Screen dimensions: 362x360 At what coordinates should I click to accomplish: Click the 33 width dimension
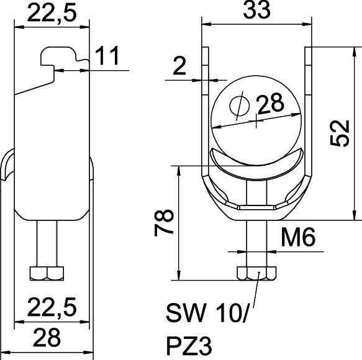point(256,9)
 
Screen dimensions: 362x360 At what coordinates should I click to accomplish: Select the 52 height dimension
point(339,133)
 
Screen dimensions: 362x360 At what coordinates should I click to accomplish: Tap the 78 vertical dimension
point(164,223)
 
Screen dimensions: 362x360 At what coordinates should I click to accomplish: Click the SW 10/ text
point(207,313)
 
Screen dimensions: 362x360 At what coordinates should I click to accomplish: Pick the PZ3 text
point(189,346)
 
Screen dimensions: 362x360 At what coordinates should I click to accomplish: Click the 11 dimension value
point(107,56)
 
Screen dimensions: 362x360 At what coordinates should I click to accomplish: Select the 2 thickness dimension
point(179,66)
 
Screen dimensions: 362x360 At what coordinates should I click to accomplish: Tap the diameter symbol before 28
point(240,106)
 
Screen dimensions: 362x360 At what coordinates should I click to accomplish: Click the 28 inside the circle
point(270,104)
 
